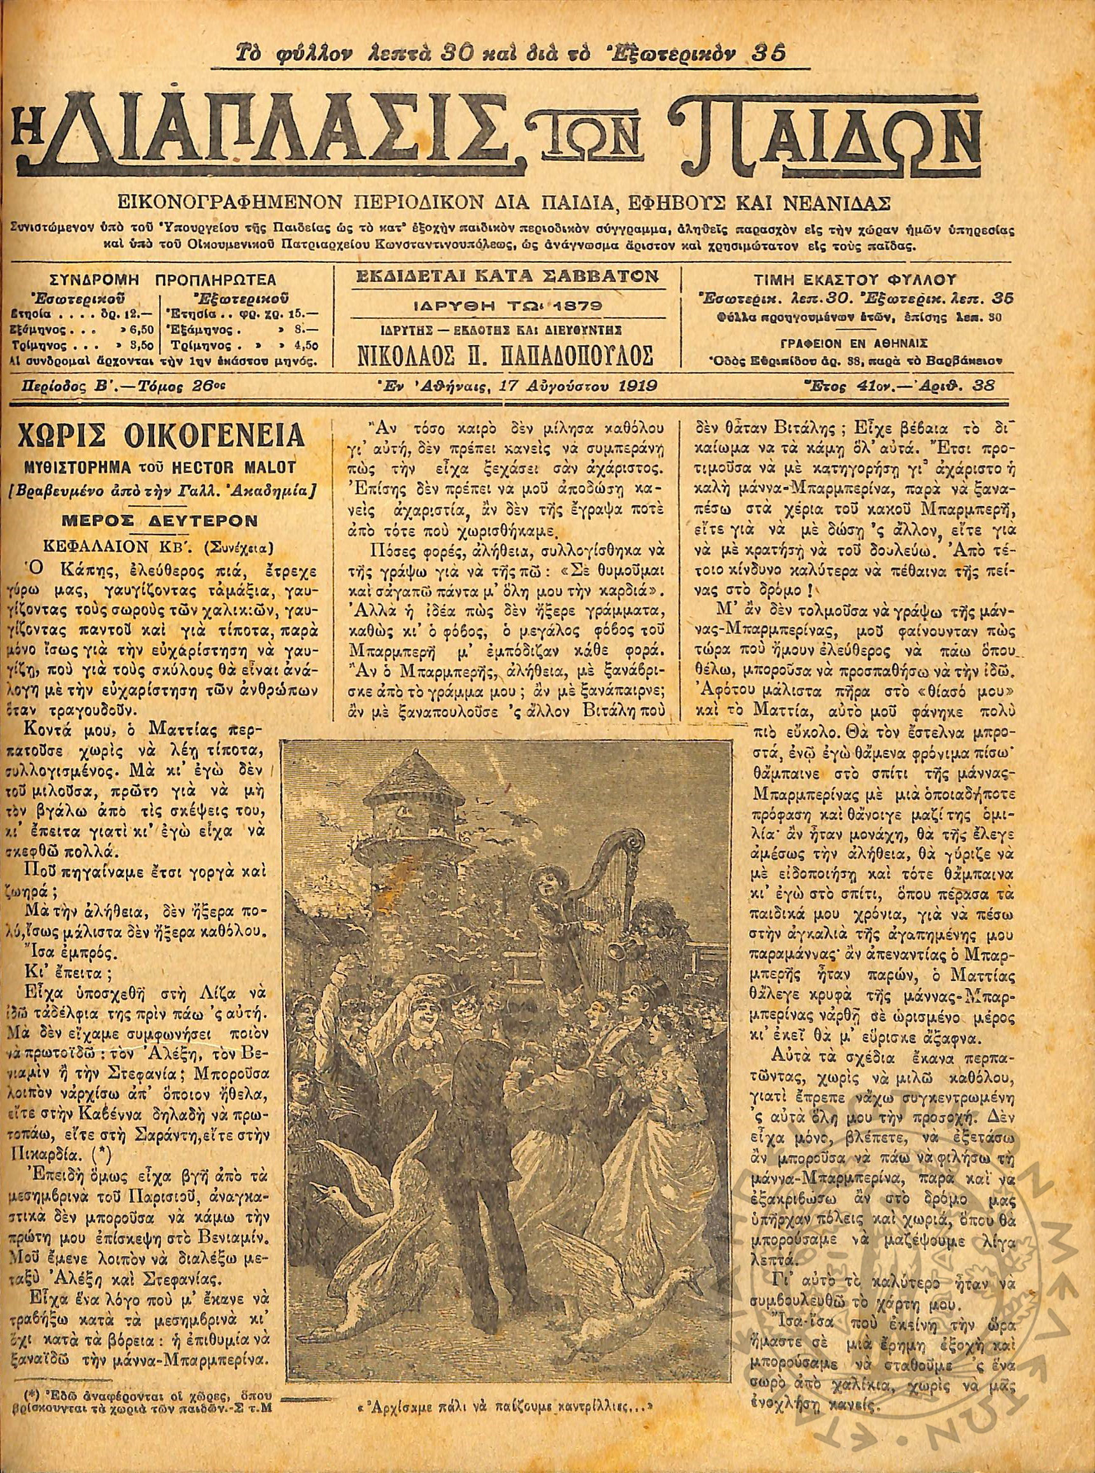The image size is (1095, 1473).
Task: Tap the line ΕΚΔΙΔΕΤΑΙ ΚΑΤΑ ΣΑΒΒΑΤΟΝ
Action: pos(509,275)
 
